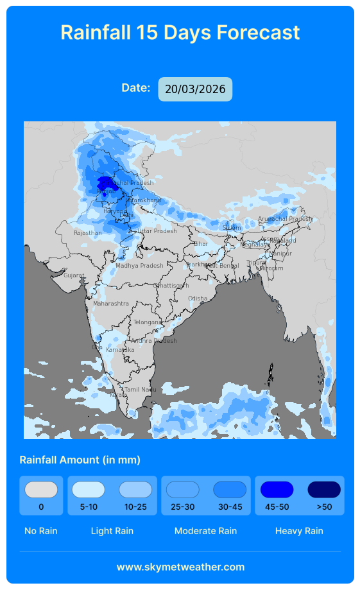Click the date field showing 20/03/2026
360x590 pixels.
[195, 89]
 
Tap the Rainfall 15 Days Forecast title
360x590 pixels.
[180, 32]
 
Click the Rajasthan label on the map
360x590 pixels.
[87, 233]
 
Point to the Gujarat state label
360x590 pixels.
[74, 275]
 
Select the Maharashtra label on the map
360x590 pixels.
[111, 303]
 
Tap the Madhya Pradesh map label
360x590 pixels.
[139, 266]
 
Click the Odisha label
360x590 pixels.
[198, 299]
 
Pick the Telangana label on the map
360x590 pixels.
[148, 322]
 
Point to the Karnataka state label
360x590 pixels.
[121, 350]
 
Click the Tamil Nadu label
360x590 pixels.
[140, 390]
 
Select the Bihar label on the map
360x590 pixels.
[201, 244]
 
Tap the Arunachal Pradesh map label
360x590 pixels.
[285, 219]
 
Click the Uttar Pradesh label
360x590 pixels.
[157, 231]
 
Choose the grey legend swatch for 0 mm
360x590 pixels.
[41, 490]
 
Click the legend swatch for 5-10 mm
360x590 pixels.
[89, 490]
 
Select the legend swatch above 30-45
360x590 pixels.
[230, 490]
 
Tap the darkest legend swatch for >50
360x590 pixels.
[324, 490]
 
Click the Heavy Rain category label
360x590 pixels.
[299, 531]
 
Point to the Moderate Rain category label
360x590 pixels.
[205, 531]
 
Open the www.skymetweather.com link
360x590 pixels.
[180, 567]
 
